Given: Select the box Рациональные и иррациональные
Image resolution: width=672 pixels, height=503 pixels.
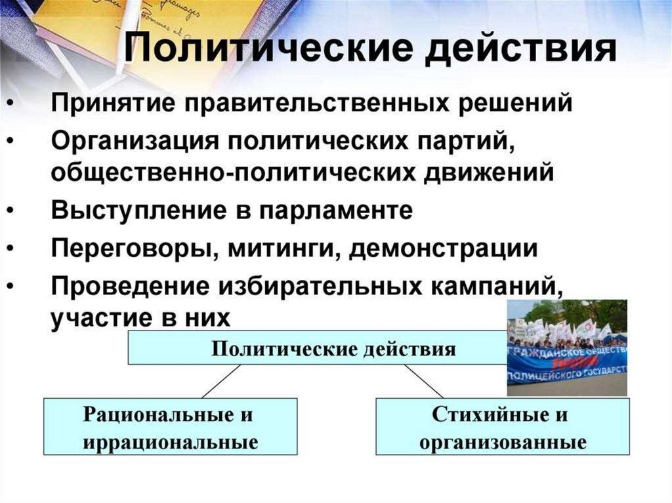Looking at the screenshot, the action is (170, 427).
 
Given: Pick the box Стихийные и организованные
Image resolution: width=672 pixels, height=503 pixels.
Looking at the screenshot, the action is (502, 427).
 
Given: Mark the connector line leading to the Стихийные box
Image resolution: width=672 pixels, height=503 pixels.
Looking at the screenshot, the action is (423, 381).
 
